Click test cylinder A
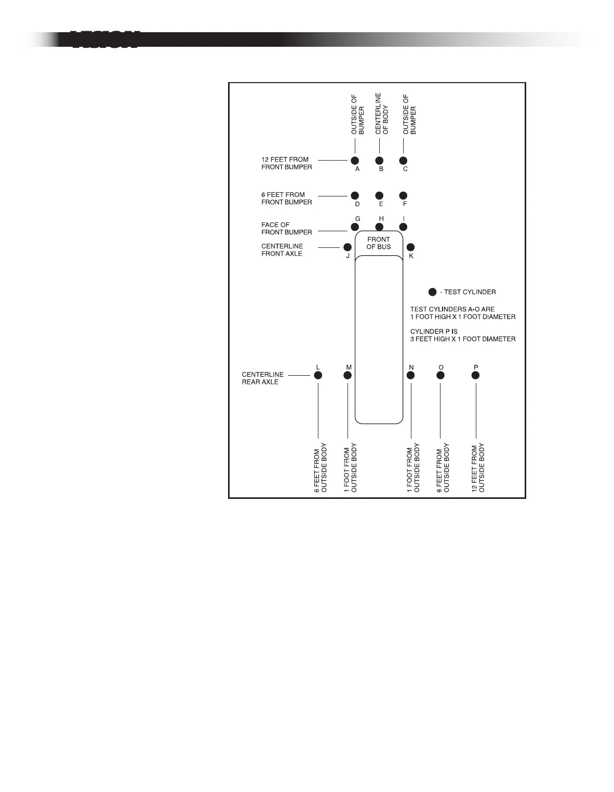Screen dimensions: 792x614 pyautogui.click(x=355, y=161)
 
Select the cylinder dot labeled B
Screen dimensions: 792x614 pyautogui.click(x=379, y=161)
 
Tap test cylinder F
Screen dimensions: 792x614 pyautogui.click(x=403, y=195)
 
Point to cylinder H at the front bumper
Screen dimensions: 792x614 pyautogui.click(x=379, y=227)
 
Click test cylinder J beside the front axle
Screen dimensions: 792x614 pyautogui.click(x=348, y=247)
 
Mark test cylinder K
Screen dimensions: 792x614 pyautogui.click(x=410, y=247)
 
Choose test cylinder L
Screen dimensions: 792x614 pyautogui.click(x=318, y=375)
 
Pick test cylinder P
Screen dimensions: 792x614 pyautogui.click(x=475, y=375)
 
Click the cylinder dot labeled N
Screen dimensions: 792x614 pyautogui.click(x=410, y=375)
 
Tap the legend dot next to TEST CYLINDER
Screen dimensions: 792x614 pyautogui.click(x=432, y=292)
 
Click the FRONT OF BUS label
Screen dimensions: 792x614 pyautogui.click(x=379, y=243)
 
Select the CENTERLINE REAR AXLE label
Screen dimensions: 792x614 pyautogui.click(x=263, y=378)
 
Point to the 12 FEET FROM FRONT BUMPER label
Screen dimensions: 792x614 pyautogui.click(x=286, y=163)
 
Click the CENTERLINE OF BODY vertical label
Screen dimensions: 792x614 pyautogui.click(x=382, y=114)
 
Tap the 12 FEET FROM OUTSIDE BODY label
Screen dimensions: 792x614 pyautogui.click(x=478, y=467)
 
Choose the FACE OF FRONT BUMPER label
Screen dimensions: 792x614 pyautogui.click(x=286, y=229)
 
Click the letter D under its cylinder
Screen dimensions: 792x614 pyautogui.click(x=357, y=204)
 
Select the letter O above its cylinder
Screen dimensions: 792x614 pyautogui.click(x=441, y=367)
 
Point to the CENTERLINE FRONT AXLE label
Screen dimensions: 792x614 pyautogui.click(x=282, y=250)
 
